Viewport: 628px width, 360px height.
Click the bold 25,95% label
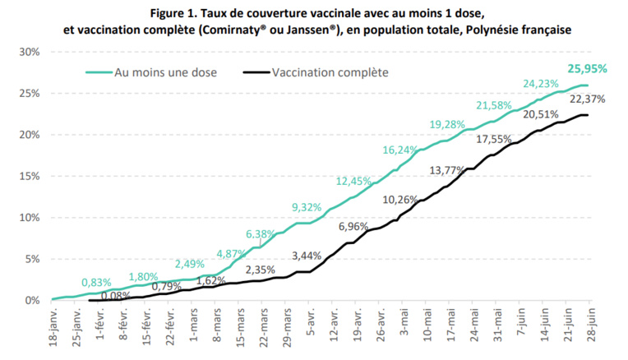(x=588, y=69)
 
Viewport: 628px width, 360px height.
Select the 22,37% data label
(x=588, y=99)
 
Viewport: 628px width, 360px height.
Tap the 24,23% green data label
(x=541, y=83)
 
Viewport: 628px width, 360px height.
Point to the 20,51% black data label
(x=541, y=113)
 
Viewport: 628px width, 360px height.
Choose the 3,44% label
(x=307, y=256)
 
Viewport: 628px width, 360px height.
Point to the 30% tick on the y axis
(x=30, y=52)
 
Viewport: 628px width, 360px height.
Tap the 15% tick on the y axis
(x=30, y=177)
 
